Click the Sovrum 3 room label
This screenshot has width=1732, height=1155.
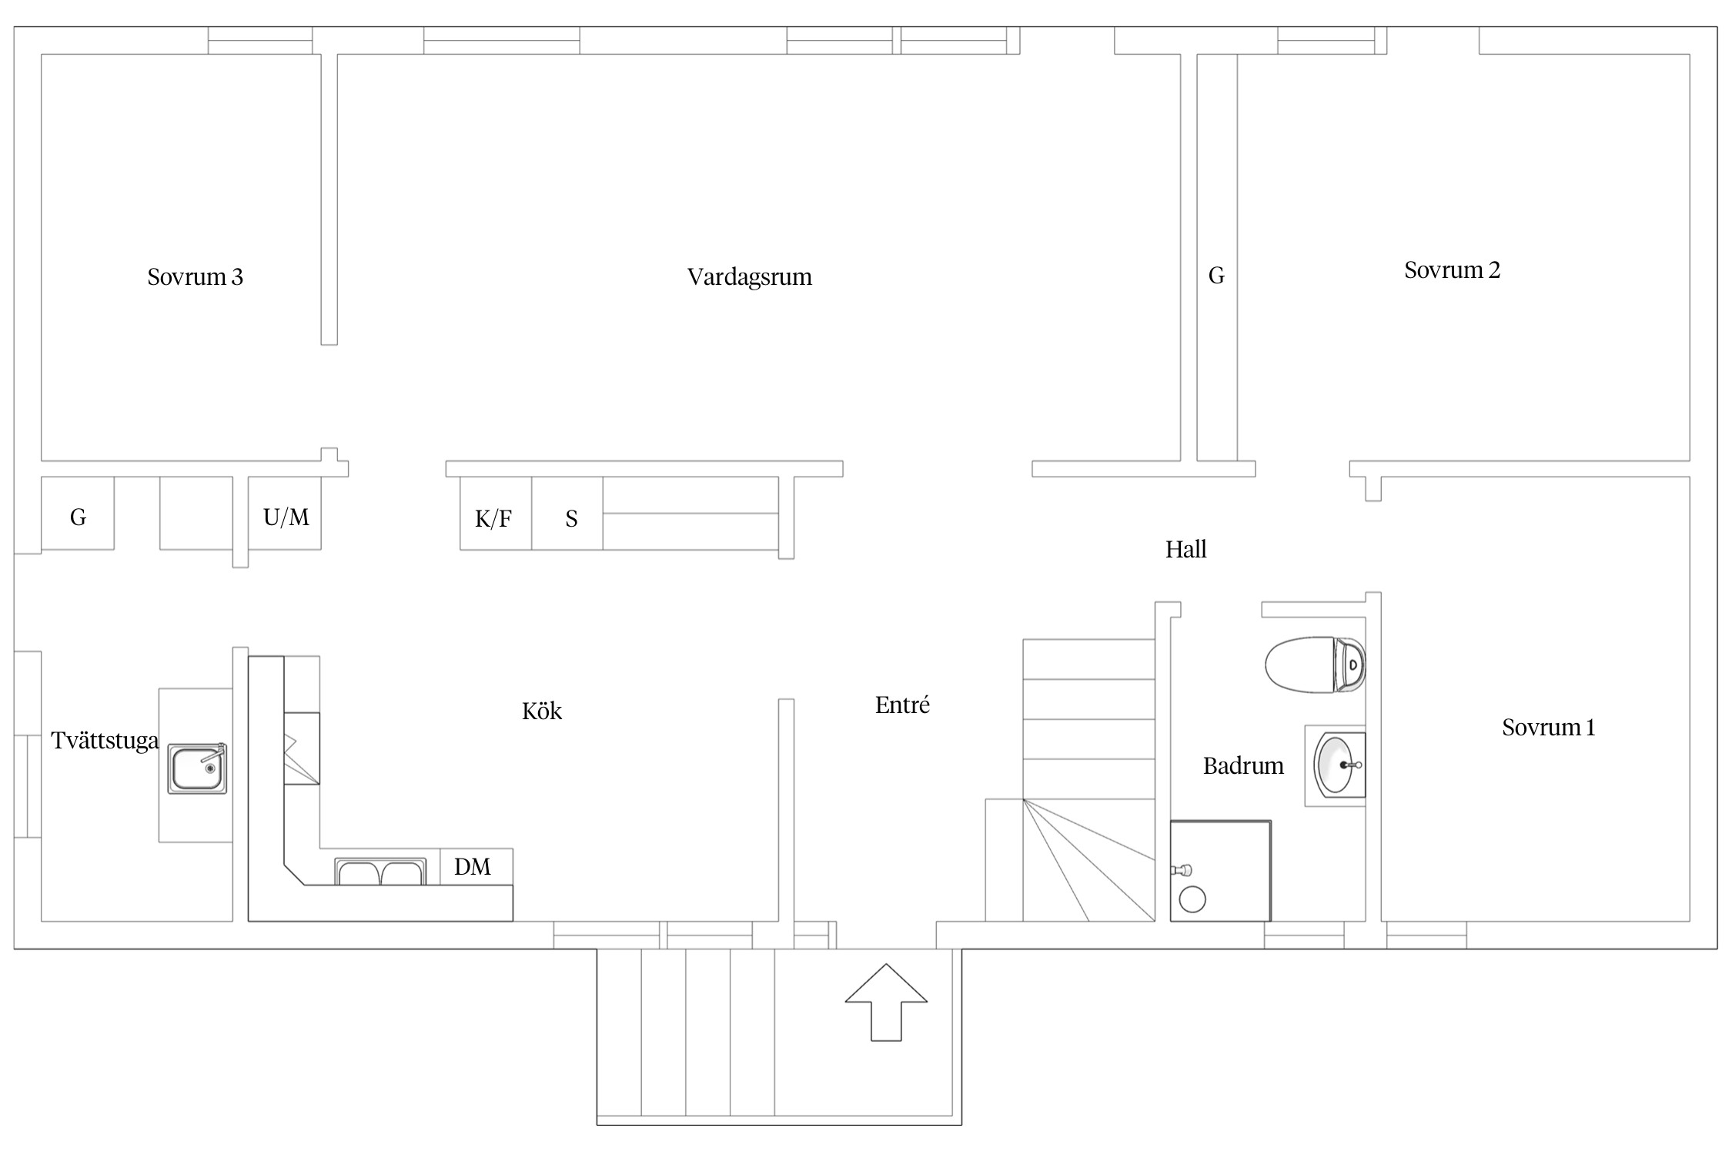pyautogui.click(x=196, y=277)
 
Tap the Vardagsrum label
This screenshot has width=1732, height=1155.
pyautogui.click(x=750, y=277)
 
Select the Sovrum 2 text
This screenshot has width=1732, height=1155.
pyautogui.click(x=1452, y=270)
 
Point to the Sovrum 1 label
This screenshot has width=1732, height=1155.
pyautogui.click(x=1549, y=728)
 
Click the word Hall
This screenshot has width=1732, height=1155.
pyautogui.click(x=1185, y=550)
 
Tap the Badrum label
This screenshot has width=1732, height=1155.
pyautogui.click(x=1243, y=766)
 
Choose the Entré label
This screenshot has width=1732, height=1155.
pyautogui.click(x=902, y=705)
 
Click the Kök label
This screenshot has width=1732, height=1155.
pyautogui.click(x=542, y=711)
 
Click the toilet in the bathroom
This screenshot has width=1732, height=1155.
pyautogui.click(x=1315, y=664)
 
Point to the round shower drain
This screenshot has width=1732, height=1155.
pyautogui.click(x=1192, y=899)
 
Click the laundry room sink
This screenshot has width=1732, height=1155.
pyautogui.click(x=197, y=768)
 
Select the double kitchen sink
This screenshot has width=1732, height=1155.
pyautogui.click(x=380, y=872)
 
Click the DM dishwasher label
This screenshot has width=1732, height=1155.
pyautogui.click(x=473, y=867)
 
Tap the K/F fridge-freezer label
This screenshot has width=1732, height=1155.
pyautogui.click(x=493, y=519)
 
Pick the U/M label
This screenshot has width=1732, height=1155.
pyautogui.click(x=286, y=517)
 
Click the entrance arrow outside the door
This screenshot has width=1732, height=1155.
pyautogui.click(x=886, y=1002)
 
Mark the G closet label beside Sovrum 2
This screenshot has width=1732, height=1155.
pyautogui.click(x=1216, y=276)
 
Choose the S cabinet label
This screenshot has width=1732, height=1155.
pyautogui.click(x=571, y=519)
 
